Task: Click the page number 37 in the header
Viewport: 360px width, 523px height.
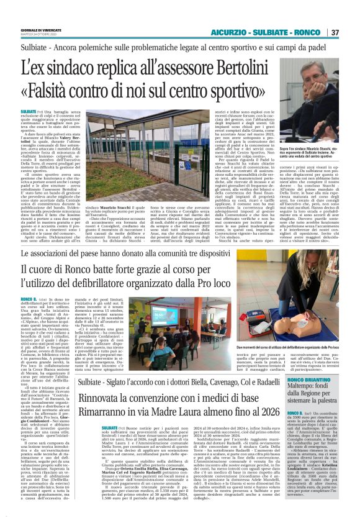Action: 351,32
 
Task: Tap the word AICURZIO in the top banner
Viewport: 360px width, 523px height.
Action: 228,32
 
